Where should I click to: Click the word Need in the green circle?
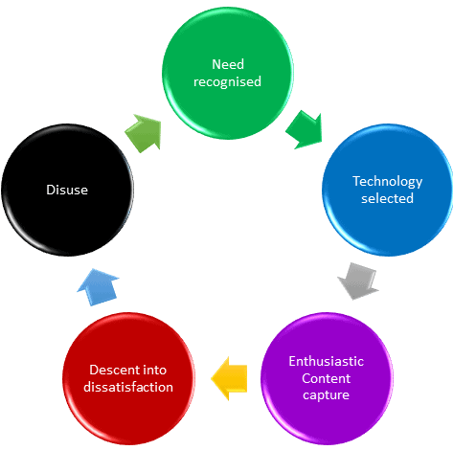(228, 64)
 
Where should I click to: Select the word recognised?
(227, 82)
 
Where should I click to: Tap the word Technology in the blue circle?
(388, 182)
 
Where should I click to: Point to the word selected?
(387, 198)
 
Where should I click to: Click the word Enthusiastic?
(327, 361)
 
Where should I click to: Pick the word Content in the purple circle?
(327, 378)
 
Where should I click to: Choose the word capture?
(326, 395)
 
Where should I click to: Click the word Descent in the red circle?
(109, 370)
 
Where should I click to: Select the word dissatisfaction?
(128, 387)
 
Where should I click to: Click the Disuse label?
(67, 190)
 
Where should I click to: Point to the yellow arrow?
(229, 378)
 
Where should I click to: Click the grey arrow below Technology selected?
(358, 281)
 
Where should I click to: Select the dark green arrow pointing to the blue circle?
(305, 129)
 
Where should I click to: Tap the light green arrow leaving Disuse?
(143, 133)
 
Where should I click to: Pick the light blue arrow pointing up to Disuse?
(98, 287)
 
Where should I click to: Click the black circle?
(67, 190)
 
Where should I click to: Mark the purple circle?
(327, 378)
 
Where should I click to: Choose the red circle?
(128, 378)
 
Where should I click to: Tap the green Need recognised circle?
(228, 73)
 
